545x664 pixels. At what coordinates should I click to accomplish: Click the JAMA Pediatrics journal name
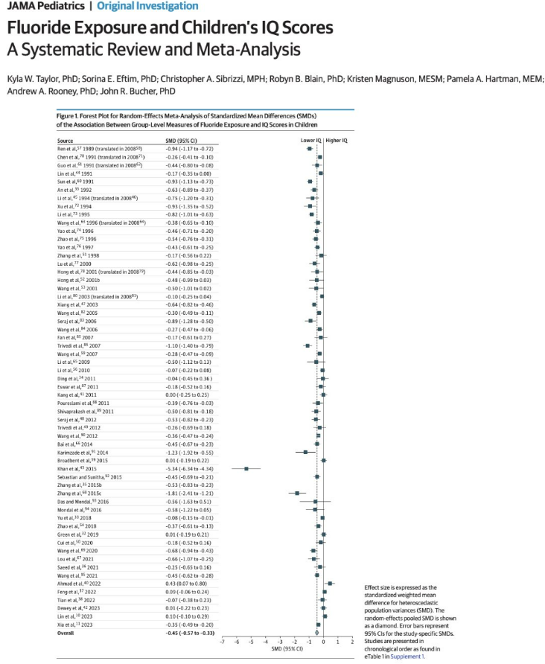[35, 7]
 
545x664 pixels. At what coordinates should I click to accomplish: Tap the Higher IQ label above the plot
[337, 140]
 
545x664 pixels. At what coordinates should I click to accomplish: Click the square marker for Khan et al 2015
[246, 469]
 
